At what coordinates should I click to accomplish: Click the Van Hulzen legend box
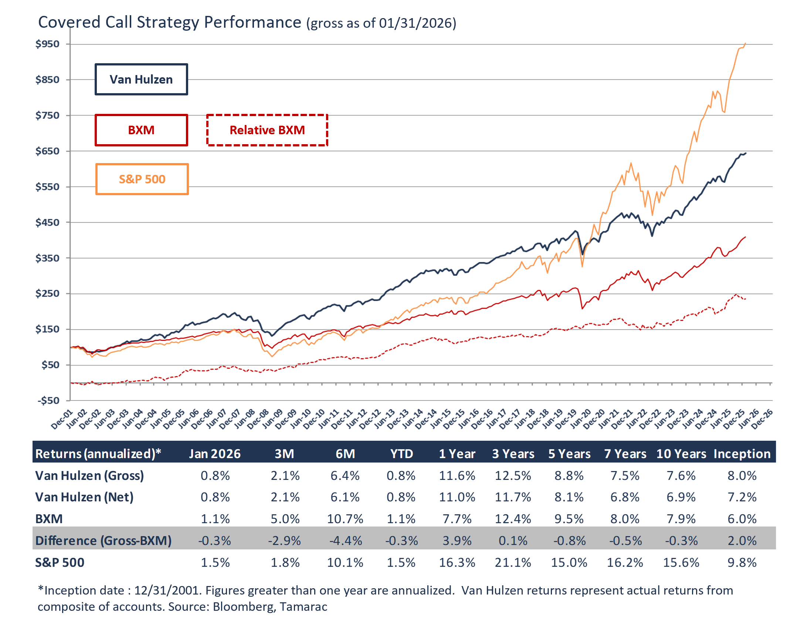click(141, 79)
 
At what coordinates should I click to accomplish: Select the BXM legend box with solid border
click(141, 130)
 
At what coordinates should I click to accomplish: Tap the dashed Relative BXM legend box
click(267, 130)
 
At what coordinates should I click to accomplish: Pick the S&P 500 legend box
click(142, 179)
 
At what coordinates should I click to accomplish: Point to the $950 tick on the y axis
click(48, 44)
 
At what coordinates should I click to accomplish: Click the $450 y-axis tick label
click(48, 223)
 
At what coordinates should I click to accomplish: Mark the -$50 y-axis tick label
click(48, 400)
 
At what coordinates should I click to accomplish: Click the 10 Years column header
click(681, 454)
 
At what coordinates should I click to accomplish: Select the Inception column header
click(742, 454)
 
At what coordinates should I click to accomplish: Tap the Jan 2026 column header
click(215, 454)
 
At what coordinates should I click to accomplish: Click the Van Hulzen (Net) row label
click(84, 497)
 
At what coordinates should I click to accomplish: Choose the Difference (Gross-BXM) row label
click(104, 541)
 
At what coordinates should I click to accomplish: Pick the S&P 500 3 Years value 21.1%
click(513, 562)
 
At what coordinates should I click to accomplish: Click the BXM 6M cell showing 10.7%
click(345, 519)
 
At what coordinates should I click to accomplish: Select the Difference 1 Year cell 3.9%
click(457, 541)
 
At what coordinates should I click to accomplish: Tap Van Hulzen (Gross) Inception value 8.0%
click(742, 475)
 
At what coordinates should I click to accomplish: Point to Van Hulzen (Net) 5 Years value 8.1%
click(569, 497)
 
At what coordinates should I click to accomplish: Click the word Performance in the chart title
click(252, 22)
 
